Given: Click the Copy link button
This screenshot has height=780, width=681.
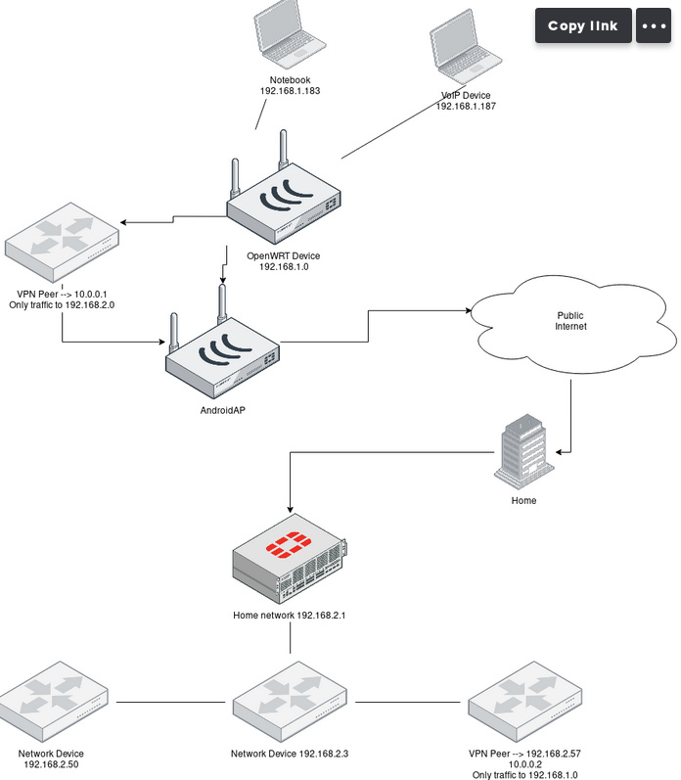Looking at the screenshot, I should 583,25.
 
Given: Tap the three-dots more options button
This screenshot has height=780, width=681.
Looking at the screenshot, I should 654,25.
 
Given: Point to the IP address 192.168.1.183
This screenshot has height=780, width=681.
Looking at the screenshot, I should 291,90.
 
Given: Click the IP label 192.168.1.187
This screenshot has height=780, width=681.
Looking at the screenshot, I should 466,106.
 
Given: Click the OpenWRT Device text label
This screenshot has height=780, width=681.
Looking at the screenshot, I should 284,256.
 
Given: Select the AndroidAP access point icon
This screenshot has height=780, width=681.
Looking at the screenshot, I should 223,356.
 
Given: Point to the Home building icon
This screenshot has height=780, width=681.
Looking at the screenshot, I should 524,451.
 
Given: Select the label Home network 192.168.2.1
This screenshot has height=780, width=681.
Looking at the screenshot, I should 290,617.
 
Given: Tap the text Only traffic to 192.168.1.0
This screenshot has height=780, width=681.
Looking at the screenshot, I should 525,775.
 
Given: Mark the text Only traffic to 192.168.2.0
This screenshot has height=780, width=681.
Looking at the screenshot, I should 62,304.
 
